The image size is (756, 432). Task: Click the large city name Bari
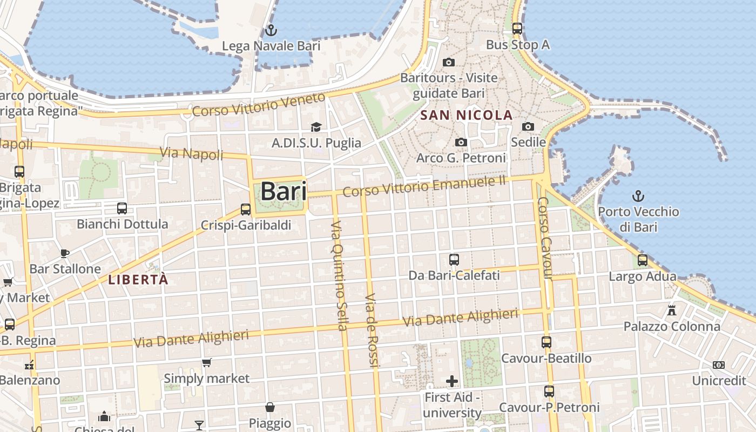click(283, 192)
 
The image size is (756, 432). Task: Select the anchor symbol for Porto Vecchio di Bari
click(638, 195)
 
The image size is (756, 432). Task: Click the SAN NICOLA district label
click(467, 115)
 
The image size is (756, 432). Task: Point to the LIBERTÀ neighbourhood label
click(138, 280)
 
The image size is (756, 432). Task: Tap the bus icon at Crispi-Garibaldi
click(246, 209)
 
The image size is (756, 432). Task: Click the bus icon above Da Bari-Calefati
click(454, 260)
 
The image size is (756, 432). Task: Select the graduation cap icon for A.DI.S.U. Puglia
click(316, 127)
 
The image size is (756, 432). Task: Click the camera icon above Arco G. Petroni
click(461, 142)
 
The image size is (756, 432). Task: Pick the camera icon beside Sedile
click(528, 126)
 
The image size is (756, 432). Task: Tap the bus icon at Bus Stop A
click(517, 29)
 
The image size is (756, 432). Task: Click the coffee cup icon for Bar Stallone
click(65, 253)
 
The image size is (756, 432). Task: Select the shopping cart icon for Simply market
click(206, 362)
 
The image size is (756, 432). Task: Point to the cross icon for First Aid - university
click(452, 381)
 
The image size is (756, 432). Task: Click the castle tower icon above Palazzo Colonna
click(672, 310)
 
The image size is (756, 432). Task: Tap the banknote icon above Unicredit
click(719, 365)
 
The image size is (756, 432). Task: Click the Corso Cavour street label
click(544, 238)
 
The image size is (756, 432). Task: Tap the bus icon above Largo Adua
click(643, 260)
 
